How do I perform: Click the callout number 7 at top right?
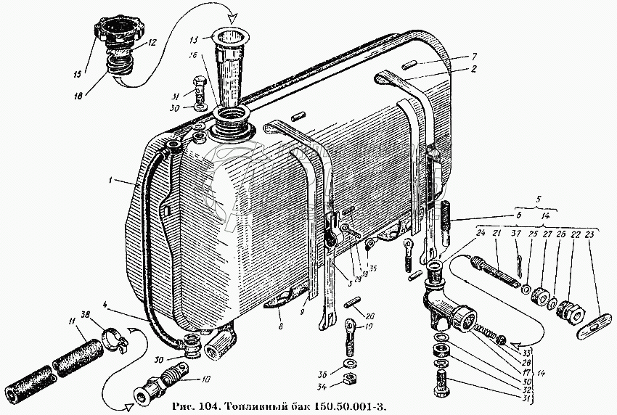(x=473, y=57)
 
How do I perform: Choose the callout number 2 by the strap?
(x=473, y=70)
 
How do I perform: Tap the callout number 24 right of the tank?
(x=480, y=232)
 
